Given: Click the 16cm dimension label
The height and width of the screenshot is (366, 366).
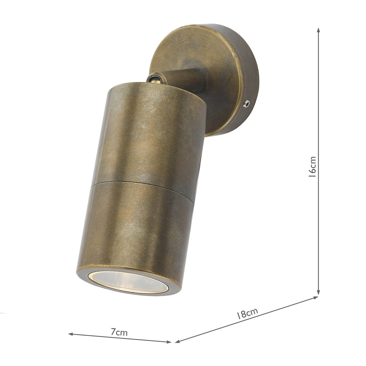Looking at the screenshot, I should (x=312, y=167).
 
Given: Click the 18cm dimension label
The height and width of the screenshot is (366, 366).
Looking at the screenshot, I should (x=248, y=314).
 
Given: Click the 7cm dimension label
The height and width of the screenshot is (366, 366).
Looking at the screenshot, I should (x=119, y=332).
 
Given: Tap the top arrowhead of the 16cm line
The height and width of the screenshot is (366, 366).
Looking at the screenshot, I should (x=318, y=30).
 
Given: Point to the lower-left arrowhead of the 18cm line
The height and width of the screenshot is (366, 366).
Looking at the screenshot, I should (x=177, y=341).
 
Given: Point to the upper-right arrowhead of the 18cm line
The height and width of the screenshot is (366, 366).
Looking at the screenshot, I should (x=316, y=297).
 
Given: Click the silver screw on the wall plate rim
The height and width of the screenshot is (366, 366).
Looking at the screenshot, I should (x=246, y=104).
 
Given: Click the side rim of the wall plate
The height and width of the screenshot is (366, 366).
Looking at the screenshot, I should (x=250, y=76).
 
